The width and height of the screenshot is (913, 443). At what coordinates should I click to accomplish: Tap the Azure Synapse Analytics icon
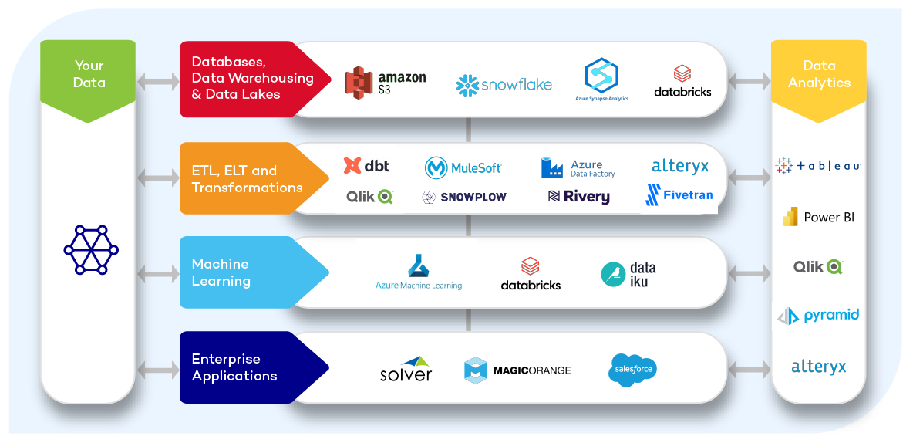click(x=601, y=78)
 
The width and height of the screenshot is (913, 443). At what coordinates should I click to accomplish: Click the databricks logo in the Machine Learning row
click(x=531, y=274)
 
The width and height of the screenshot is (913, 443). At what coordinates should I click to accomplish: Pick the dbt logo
click(x=366, y=166)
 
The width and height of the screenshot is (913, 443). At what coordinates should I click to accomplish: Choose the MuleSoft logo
click(x=463, y=167)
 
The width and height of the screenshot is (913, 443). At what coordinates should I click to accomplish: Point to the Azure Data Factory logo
click(x=578, y=167)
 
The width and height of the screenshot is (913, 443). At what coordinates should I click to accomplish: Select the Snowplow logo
click(x=464, y=197)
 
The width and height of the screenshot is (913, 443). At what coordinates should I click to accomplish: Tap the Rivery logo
click(x=578, y=197)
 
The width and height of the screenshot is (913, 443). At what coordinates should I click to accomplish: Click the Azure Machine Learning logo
click(x=419, y=272)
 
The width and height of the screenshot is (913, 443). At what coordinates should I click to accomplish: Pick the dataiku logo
click(x=628, y=274)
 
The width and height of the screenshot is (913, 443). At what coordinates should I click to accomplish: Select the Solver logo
click(x=406, y=369)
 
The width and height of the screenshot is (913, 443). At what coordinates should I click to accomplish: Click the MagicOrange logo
click(x=517, y=370)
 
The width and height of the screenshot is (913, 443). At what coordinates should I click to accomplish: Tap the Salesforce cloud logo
click(x=633, y=369)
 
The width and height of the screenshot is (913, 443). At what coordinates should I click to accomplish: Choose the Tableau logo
click(x=817, y=166)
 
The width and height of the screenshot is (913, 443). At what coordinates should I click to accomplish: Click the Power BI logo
click(x=818, y=218)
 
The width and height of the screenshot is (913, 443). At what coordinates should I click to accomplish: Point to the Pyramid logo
click(x=817, y=316)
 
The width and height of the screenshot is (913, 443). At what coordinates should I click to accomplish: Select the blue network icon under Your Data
click(x=90, y=249)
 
